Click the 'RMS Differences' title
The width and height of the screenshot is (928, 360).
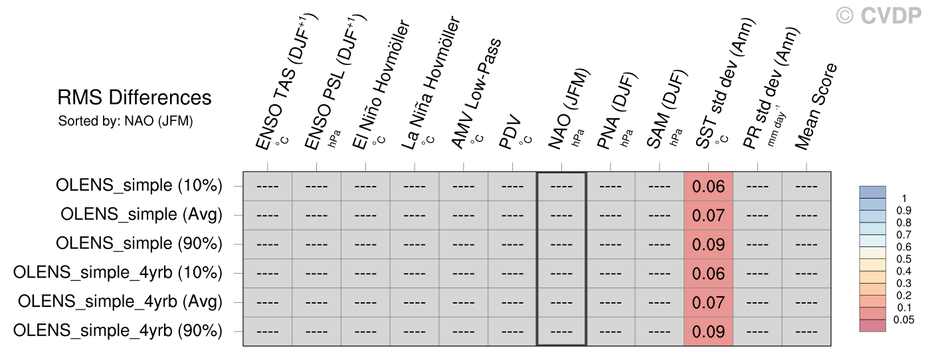(134, 98)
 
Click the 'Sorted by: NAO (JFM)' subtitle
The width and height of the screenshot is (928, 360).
(126, 121)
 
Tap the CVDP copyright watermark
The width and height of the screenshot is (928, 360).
(878, 16)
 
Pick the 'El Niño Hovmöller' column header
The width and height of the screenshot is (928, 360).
(381, 84)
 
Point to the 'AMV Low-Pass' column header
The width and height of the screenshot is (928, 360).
(476, 94)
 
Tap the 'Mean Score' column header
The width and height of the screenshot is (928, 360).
(816, 106)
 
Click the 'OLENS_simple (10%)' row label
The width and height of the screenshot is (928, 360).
(139, 185)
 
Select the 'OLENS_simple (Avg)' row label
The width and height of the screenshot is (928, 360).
(141, 214)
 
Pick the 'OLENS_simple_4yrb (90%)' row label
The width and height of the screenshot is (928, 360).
(118, 331)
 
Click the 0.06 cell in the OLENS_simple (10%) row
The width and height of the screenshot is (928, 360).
(708, 187)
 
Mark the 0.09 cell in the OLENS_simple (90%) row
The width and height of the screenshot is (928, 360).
(708, 244)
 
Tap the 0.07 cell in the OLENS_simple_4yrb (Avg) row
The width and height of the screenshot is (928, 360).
(708, 302)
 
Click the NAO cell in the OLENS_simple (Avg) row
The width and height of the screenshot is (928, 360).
(561, 215)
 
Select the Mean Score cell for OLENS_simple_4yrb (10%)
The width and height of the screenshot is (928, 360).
(806, 274)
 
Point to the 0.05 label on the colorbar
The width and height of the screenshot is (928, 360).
(903, 320)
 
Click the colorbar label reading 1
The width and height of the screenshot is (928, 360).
(904, 199)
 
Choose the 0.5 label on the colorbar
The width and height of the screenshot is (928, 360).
(903, 259)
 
